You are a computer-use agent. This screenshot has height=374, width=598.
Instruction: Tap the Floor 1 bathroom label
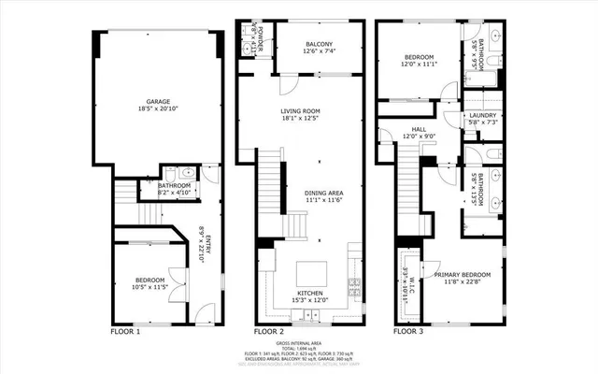click(x=174, y=186)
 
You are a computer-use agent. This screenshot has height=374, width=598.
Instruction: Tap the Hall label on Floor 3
click(x=419, y=131)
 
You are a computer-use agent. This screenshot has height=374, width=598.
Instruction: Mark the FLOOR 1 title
click(x=124, y=332)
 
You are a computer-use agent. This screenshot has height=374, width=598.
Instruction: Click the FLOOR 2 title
click(x=269, y=332)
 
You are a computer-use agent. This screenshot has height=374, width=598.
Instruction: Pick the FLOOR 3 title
click(x=408, y=332)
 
